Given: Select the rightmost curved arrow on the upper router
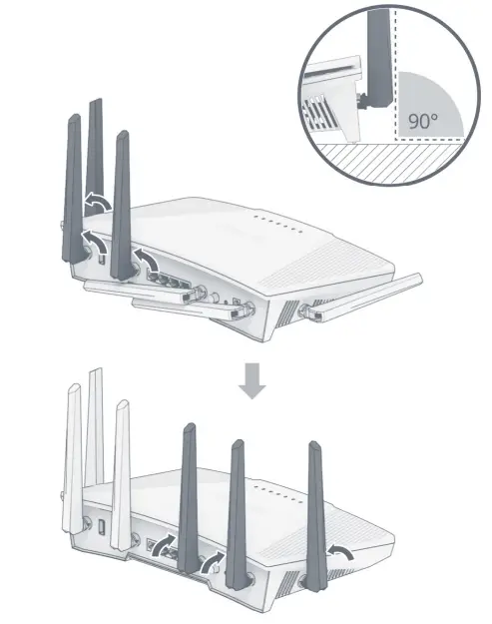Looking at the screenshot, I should [149, 262].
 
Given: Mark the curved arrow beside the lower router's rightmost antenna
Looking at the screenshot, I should [342, 551].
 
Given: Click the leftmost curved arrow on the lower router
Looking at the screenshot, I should [167, 544].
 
